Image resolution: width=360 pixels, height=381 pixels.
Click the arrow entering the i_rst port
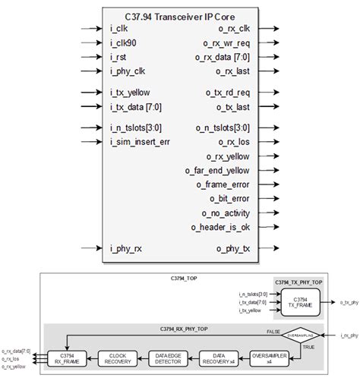(90, 58)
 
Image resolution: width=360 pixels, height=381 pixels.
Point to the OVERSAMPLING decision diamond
(301, 334)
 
